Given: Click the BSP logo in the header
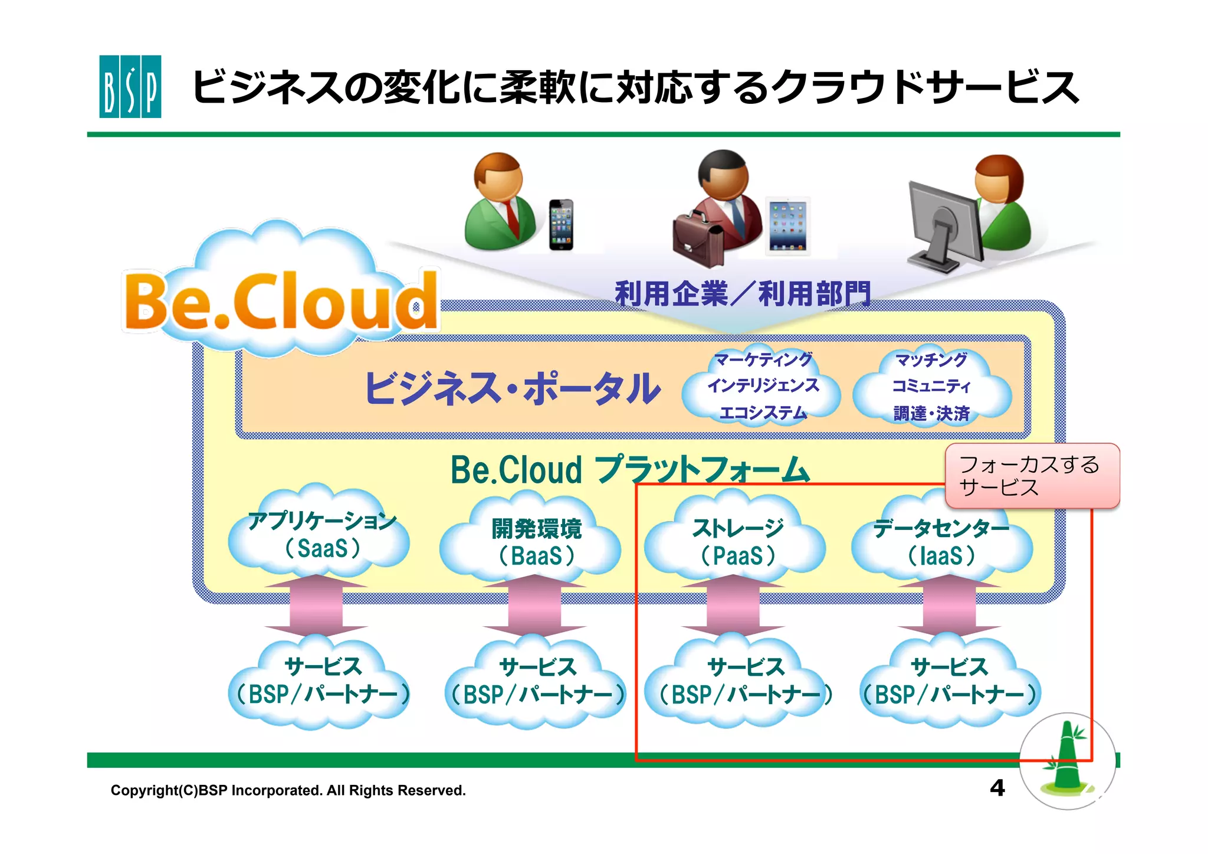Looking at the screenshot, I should (130, 86).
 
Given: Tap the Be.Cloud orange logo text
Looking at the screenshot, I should (281, 302).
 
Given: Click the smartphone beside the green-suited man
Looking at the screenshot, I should (561, 225).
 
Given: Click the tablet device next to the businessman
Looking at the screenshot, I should (788, 226).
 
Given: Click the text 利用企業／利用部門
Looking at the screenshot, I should (742, 293).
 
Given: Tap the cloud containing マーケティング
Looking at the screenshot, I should (762, 385).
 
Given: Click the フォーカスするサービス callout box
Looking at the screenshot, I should (1032, 476).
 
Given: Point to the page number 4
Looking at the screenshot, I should (997, 788).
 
